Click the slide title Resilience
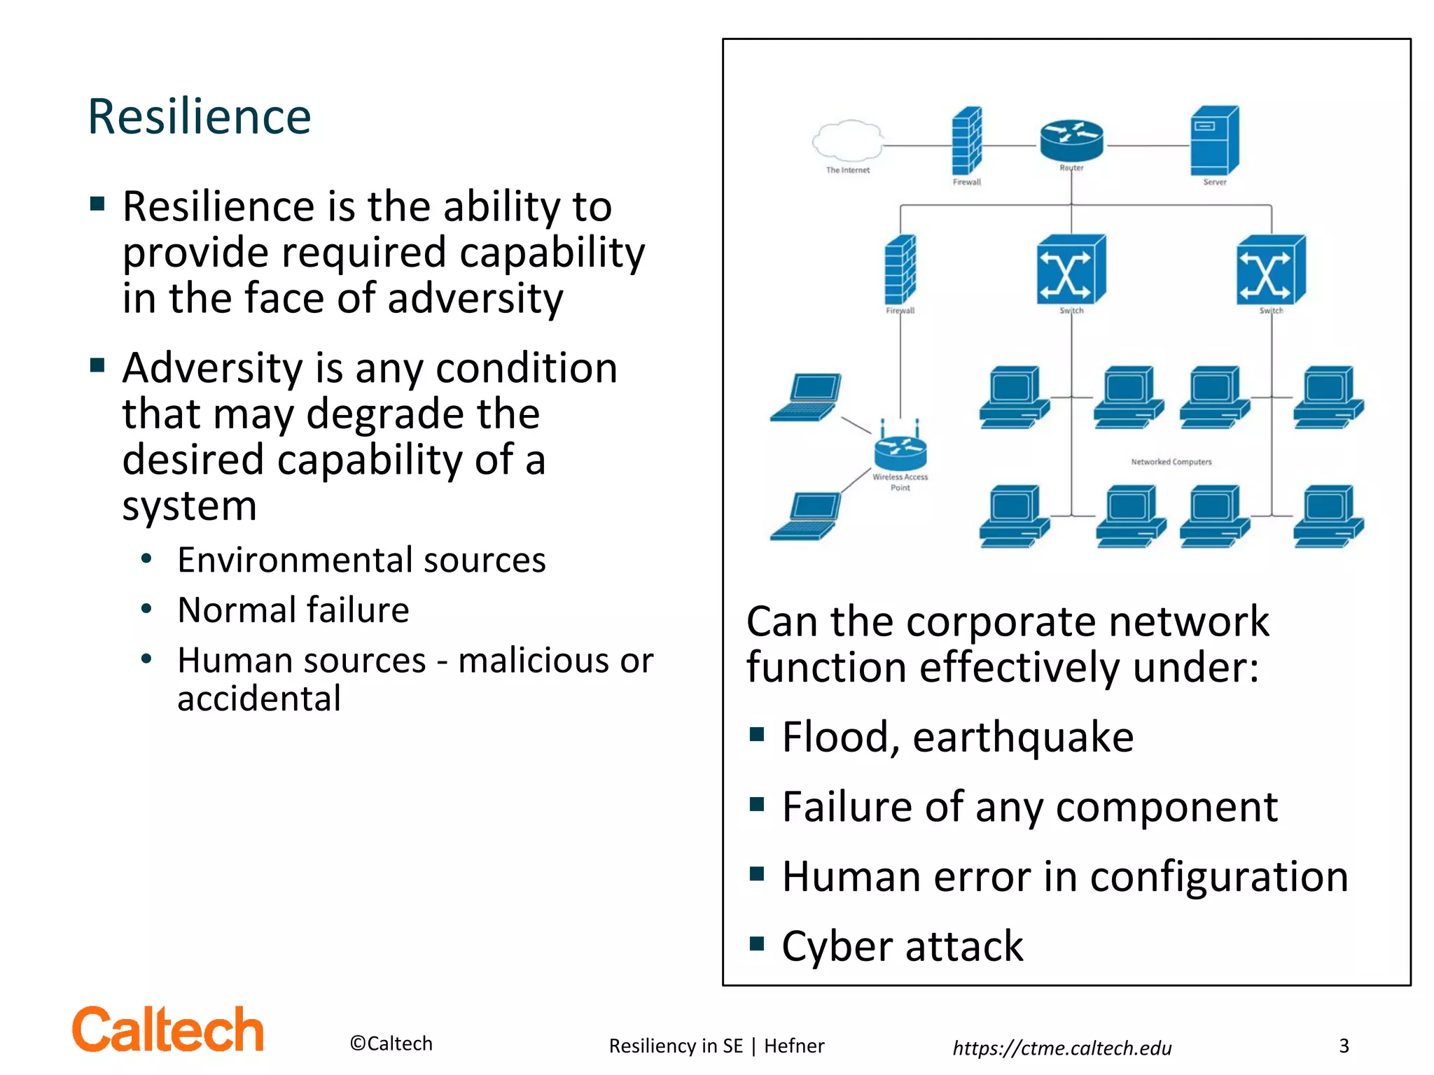coord(200,117)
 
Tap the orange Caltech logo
coord(168,1030)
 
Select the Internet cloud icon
coord(847,140)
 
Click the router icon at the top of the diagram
coord(1071,139)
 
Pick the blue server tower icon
coord(1215,141)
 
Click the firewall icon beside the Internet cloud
coord(966,141)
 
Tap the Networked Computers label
coord(1171,462)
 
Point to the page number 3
coord(1344,1046)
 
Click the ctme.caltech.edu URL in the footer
coord(1061,1048)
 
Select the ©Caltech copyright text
coord(391,1044)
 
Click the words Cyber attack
coord(903,946)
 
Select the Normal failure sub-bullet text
coord(293,610)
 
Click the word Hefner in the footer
coord(794,1046)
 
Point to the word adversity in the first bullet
coord(475,299)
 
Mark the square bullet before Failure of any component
coord(756,804)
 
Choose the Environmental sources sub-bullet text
coord(361,560)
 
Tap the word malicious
coord(534,661)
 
